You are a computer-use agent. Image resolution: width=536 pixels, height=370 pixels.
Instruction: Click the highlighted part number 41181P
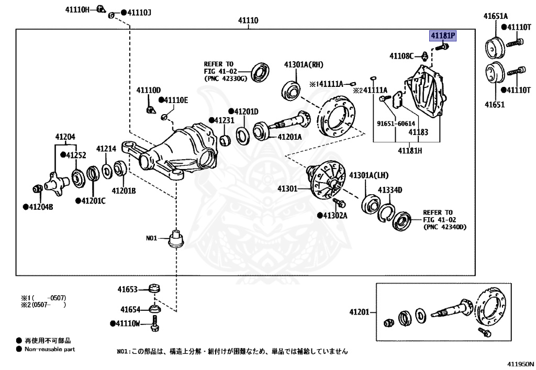[x=443, y=36]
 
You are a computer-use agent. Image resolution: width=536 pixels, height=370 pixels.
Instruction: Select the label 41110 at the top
[x=248, y=21]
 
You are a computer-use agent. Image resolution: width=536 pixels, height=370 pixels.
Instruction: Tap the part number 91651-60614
[x=393, y=124]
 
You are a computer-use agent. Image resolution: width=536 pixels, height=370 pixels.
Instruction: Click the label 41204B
[x=38, y=206]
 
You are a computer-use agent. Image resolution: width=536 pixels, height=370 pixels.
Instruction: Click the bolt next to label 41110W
[x=154, y=323]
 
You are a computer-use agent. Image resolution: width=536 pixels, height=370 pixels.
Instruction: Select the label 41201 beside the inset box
[x=359, y=312]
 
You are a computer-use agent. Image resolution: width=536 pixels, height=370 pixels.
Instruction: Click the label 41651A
[x=494, y=17]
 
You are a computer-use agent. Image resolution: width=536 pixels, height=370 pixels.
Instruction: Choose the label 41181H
[x=409, y=151]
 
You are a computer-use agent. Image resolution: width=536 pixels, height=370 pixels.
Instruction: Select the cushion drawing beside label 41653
[x=154, y=289]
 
